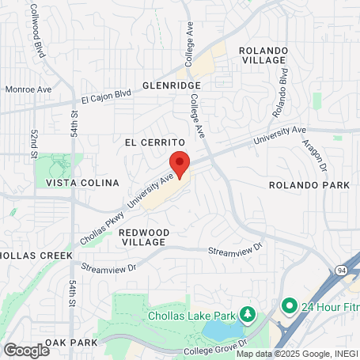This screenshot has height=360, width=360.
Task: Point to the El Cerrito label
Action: coord(154,142)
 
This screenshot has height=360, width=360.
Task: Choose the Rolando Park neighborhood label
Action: coord(309,185)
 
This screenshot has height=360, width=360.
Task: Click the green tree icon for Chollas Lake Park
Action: coord(248,316)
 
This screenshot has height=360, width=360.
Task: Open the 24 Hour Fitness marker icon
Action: coord(289,305)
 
